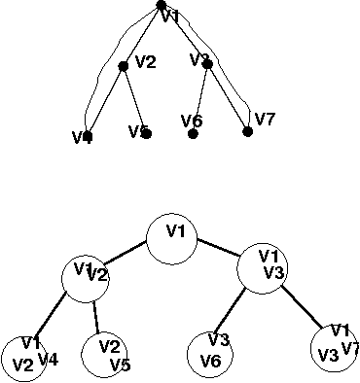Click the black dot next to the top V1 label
161,6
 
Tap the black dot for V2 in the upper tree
124,66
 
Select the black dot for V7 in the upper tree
248,131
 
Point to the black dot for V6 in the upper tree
194,133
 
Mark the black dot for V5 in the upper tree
146,133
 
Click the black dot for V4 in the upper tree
88,137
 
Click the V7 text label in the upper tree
265,119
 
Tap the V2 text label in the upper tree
145,62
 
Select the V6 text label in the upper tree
191,120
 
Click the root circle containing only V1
175,233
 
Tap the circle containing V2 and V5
109,356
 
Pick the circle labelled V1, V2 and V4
23,356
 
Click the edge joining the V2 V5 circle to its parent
96,317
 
